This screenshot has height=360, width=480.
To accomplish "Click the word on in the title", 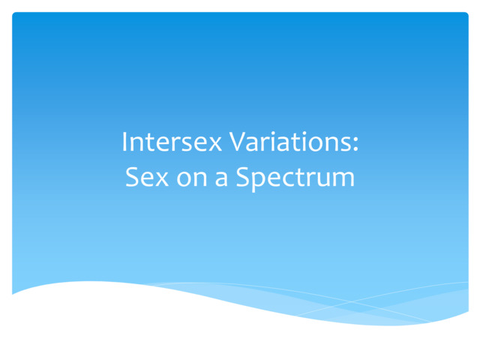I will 194,180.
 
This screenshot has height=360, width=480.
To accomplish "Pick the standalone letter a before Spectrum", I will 223,180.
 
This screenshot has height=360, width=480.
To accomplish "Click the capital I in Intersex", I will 125,142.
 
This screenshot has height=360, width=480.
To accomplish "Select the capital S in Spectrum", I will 243,178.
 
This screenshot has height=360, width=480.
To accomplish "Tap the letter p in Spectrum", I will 258,182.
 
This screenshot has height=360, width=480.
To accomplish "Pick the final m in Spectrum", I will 343,180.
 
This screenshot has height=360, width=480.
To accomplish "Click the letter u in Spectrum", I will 324,180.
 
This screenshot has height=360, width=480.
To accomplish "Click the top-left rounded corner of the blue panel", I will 15,15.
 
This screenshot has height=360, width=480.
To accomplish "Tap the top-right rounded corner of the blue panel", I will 465,15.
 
